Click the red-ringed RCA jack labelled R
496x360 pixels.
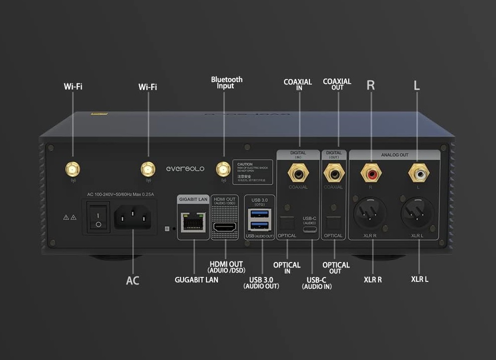(x=371, y=174)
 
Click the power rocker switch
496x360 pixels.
(x=99, y=217)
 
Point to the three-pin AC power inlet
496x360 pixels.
(x=133, y=217)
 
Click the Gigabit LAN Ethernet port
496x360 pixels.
(x=193, y=222)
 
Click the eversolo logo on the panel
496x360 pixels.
(x=185, y=169)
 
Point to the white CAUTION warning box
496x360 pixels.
(x=253, y=172)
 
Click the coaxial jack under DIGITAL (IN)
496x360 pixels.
(x=298, y=174)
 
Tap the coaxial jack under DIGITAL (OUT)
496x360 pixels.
(x=333, y=174)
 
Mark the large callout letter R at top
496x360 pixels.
(x=371, y=85)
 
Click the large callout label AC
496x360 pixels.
(x=132, y=280)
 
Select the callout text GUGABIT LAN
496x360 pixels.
(x=197, y=280)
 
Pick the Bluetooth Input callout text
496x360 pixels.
(x=227, y=83)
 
